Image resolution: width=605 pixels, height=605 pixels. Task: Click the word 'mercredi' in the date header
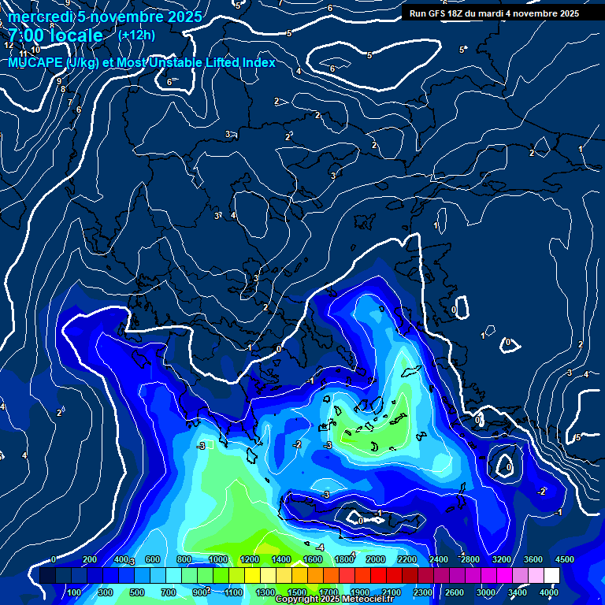click(x=39, y=17)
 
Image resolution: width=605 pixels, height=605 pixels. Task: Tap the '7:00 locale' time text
click(x=55, y=35)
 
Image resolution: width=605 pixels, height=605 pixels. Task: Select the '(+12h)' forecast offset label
click(x=136, y=35)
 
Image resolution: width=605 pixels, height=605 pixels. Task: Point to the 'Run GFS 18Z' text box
click(x=494, y=13)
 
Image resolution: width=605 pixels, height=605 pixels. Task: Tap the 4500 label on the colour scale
click(x=563, y=559)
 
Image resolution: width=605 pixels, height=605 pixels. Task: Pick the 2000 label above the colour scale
click(x=375, y=559)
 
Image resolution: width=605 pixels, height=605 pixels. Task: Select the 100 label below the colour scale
click(x=74, y=592)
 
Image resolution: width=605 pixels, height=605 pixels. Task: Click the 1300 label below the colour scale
click(x=265, y=592)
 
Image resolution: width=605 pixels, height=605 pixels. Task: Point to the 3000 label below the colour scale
click(x=485, y=592)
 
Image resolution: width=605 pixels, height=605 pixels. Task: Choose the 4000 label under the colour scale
click(x=548, y=592)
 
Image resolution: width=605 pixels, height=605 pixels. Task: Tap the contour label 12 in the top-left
click(x=9, y=46)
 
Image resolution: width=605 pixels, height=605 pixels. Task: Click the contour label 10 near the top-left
click(x=35, y=72)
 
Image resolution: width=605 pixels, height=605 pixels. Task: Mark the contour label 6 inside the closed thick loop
click(x=332, y=69)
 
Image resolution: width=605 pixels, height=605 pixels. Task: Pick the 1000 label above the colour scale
click(x=217, y=559)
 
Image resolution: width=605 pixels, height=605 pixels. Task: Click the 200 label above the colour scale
click(x=89, y=559)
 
